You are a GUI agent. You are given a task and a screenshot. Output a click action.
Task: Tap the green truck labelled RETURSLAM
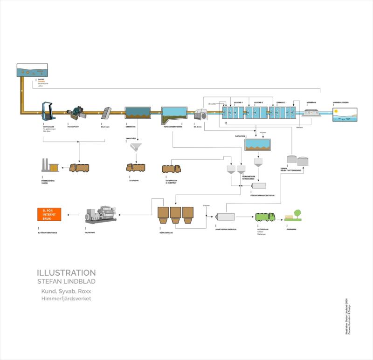pos(265,217)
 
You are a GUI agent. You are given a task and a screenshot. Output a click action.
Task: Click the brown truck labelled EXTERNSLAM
pos(171,168)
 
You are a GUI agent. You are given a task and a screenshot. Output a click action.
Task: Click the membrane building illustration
pos(311,113)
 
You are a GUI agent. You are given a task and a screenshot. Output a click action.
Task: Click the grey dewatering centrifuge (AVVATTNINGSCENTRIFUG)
pos(227,217)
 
